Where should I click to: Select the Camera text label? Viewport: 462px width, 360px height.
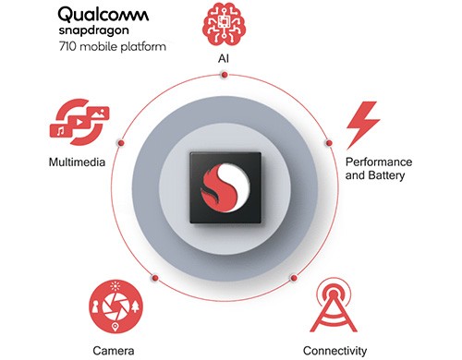coord(114,351)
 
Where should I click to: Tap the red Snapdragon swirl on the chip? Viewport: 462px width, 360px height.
coord(225,184)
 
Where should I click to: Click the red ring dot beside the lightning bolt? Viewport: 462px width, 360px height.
coord(329,143)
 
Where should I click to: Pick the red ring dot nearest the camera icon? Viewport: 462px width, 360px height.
coord(155,277)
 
